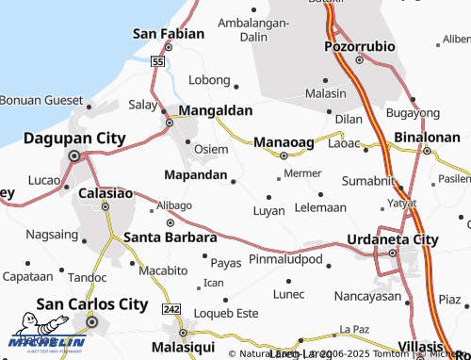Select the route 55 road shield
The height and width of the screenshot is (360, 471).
[158, 61]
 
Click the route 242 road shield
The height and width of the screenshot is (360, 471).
[171, 309]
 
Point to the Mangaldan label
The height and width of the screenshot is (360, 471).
[216, 110]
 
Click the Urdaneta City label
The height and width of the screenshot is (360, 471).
[393, 239]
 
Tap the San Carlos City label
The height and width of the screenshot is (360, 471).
[91, 304]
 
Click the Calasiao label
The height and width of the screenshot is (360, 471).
[106, 192]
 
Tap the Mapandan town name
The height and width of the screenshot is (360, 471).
[195, 175]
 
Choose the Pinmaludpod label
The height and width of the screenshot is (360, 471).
[286, 258]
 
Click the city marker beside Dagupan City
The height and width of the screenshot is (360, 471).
[73, 156]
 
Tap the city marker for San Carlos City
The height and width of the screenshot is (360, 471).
[92, 323]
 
